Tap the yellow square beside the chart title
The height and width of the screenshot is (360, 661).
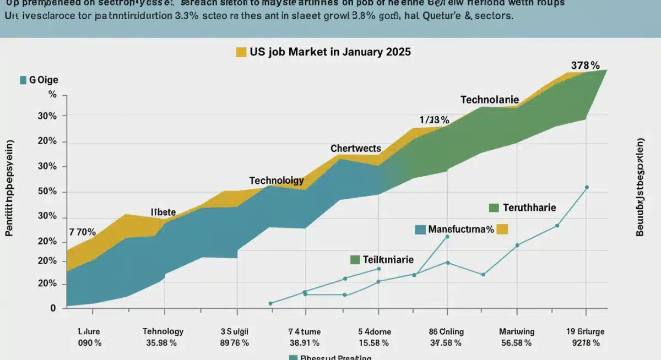[x=241, y=52]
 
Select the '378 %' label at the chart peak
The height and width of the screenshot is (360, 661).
[x=585, y=66]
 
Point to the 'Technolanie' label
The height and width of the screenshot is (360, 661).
[x=489, y=100]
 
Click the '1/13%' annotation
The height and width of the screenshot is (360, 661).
[x=434, y=120]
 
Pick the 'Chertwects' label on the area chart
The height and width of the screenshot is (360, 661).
[x=355, y=149]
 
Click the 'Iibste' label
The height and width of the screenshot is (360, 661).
[x=163, y=212]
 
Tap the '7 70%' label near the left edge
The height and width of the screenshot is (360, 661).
[x=82, y=232]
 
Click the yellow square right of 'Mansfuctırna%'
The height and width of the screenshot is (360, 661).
[x=502, y=230]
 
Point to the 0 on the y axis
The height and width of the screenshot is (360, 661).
[x=53, y=308]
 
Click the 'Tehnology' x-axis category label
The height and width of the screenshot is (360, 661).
[x=163, y=331]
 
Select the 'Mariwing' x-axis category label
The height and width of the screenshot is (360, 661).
[x=516, y=331]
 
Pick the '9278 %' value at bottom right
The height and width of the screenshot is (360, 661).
[x=585, y=343]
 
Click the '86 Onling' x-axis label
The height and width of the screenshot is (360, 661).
[x=446, y=331]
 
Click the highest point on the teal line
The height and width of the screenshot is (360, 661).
[x=587, y=188]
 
